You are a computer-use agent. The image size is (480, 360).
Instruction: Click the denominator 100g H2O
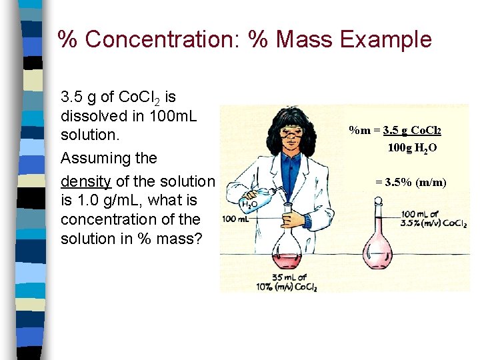[x=412, y=147]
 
